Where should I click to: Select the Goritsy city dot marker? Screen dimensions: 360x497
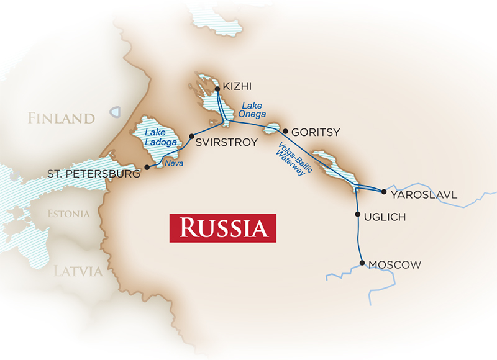pyautogui.click(x=285, y=132)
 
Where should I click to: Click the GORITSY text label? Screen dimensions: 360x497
pyautogui.click(x=317, y=132)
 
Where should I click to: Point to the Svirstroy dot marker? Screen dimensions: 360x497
pyautogui.click(x=191, y=136)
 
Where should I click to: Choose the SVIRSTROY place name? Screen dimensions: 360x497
pyautogui.click(x=226, y=142)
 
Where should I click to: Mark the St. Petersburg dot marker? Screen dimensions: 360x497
pyautogui.click(x=147, y=168)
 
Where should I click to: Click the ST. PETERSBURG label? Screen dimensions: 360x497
pyautogui.click(x=94, y=174)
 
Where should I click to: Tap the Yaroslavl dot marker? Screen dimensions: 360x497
pyautogui.click(x=383, y=192)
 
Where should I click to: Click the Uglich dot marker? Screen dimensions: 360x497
pyautogui.click(x=357, y=215)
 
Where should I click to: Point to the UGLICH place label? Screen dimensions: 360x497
pyautogui.click(x=385, y=217)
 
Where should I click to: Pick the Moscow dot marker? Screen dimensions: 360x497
pyautogui.click(x=362, y=263)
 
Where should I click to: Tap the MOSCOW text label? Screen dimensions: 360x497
pyautogui.click(x=394, y=265)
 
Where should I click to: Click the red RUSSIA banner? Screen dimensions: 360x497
pyautogui.click(x=222, y=228)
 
